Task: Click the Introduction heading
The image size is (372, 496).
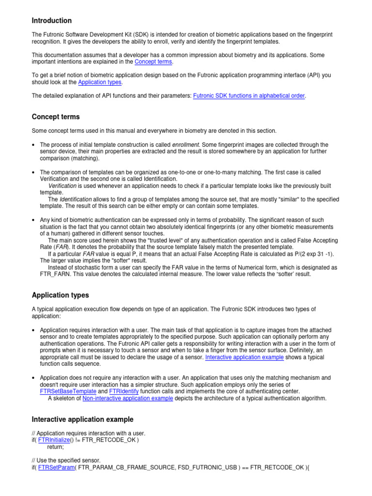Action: point(51,21)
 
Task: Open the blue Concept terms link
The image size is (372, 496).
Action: point(153,62)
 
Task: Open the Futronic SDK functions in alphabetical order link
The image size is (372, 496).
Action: point(249,96)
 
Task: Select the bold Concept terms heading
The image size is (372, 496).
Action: point(56,117)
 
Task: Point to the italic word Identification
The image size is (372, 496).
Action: point(76,200)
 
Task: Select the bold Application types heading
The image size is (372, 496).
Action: point(60,295)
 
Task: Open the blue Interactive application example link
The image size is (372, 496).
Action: point(244,357)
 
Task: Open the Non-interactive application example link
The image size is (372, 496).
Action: point(127,398)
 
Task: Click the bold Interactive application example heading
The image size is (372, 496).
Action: point(82,419)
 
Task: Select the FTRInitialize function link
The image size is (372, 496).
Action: point(55,440)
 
